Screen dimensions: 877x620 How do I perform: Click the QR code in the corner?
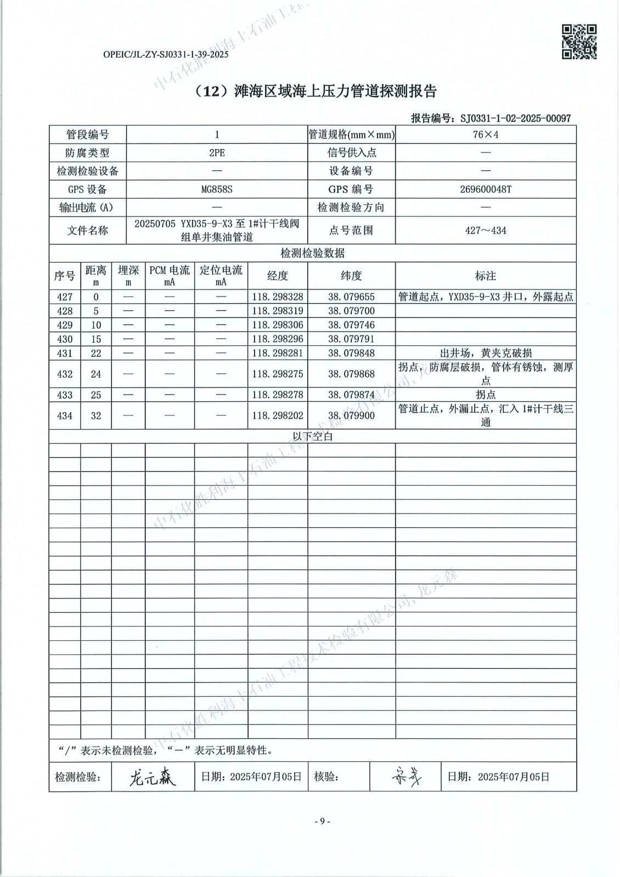tap(579, 42)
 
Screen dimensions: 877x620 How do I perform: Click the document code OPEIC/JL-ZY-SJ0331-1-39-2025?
tap(166, 54)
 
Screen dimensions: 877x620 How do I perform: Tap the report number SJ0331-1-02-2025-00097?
tap(515, 118)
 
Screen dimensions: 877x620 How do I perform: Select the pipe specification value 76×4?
tap(486, 135)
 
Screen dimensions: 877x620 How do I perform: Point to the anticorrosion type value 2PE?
tap(217, 153)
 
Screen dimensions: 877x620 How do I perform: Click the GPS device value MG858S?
tap(217, 189)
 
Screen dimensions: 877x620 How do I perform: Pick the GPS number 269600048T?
tap(486, 189)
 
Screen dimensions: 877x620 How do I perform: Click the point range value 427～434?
tap(486, 230)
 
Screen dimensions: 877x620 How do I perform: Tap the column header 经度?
tap(277, 276)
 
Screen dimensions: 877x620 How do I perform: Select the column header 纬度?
tap(351, 276)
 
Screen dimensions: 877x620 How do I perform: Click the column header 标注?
tap(486, 276)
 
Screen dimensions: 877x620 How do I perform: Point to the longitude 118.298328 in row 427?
tap(277, 297)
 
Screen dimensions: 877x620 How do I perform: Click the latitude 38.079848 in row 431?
tap(351, 354)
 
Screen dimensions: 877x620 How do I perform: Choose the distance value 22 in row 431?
tap(96, 354)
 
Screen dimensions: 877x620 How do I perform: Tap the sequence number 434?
tap(65, 415)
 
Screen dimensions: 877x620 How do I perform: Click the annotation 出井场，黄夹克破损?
tap(486, 354)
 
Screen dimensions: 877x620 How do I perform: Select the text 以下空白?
tap(313, 437)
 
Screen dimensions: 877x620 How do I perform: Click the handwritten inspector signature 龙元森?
tap(152, 777)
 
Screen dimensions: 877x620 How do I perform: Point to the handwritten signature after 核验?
tap(407, 776)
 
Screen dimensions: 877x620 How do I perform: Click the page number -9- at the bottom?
tap(322, 821)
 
